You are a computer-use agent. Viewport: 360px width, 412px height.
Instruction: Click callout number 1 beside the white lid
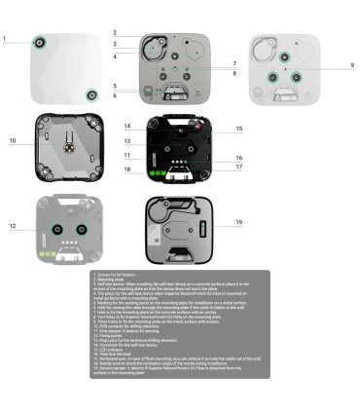click(x=4, y=40)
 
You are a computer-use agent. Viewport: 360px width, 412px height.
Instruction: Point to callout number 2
click(x=114, y=33)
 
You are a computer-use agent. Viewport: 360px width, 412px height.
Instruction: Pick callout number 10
click(x=14, y=141)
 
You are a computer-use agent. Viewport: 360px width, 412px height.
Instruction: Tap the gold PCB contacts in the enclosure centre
click(x=69, y=140)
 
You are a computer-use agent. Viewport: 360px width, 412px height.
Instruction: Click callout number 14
click(x=126, y=127)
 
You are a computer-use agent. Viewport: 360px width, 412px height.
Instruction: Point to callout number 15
click(x=238, y=129)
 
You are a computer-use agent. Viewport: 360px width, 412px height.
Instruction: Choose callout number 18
click(x=126, y=169)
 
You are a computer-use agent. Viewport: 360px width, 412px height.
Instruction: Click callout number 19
click(x=238, y=223)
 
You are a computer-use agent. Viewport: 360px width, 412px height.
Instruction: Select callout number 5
click(x=114, y=86)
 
